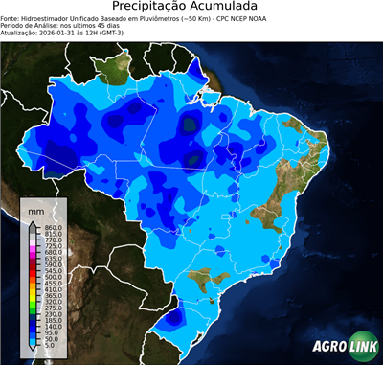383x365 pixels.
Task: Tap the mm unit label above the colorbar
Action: coord(36,209)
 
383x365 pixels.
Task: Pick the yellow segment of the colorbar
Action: coord(33,295)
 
